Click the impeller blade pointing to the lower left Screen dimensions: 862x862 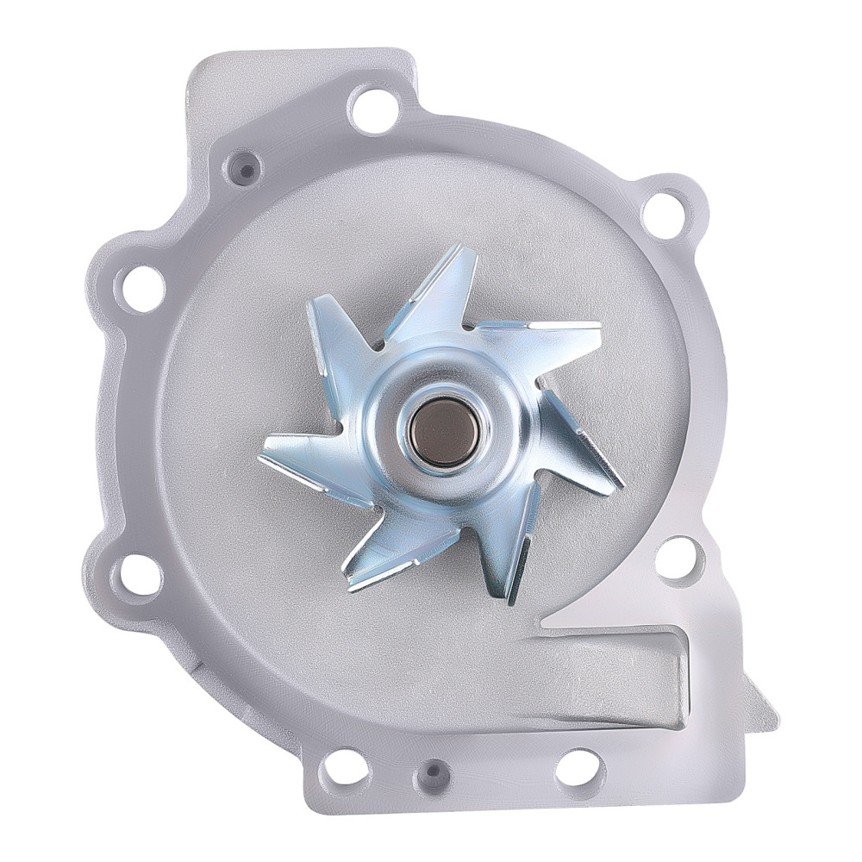(x=388, y=552)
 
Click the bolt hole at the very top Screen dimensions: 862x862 (x=374, y=109)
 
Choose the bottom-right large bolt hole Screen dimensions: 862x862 (x=578, y=767)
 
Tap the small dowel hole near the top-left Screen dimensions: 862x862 (x=246, y=169)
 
